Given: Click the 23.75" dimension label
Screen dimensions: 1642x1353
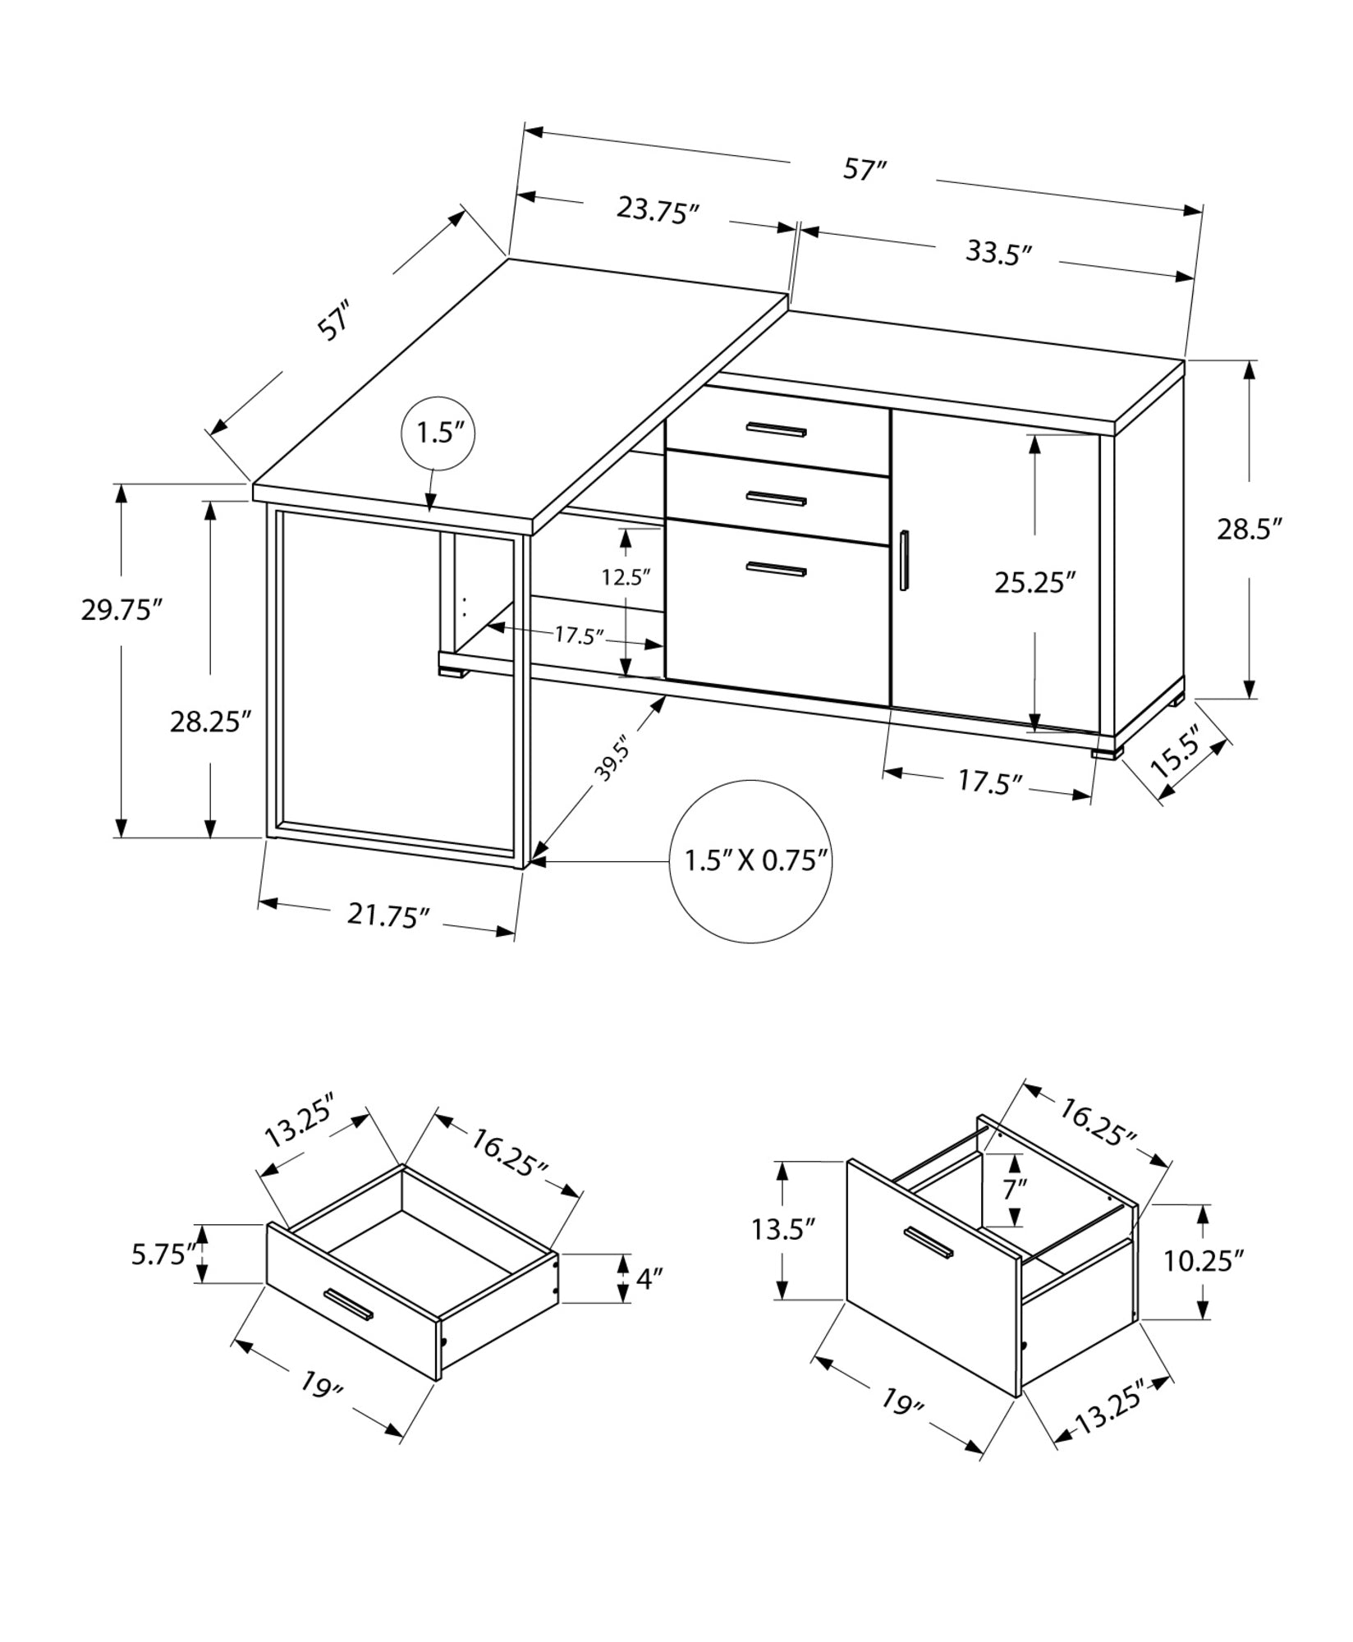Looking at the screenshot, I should point(657,211).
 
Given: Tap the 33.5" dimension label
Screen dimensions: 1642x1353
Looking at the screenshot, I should point(998,252).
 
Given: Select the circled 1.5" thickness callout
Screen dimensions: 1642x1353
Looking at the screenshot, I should point(439,432).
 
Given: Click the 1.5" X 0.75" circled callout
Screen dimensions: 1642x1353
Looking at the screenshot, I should point(753,860).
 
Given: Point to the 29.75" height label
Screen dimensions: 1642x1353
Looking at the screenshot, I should point(121,610).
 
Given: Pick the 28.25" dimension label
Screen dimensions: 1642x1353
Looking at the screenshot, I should point(209,722).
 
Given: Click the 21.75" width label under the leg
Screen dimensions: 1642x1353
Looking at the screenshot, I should point(388,915).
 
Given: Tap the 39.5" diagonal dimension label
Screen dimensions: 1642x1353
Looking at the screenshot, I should point(612,759).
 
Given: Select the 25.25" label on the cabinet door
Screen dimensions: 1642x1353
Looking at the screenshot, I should point(1034,583).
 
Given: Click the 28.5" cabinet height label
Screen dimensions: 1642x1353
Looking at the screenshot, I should point(1249,530).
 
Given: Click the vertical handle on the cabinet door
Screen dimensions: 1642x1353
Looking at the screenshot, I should point(904,561).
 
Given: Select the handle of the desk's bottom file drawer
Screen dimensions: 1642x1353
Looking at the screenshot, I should point(777,568).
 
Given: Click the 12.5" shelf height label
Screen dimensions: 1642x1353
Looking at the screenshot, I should point(626,577).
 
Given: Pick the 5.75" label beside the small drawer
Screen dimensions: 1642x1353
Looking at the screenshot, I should point(163,1254).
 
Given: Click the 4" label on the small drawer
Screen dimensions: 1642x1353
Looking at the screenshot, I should point(649,1278).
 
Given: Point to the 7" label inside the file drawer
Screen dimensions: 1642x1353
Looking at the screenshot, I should point(1015,1189).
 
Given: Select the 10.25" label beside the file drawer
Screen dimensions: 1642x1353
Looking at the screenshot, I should point(1203,1260).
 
